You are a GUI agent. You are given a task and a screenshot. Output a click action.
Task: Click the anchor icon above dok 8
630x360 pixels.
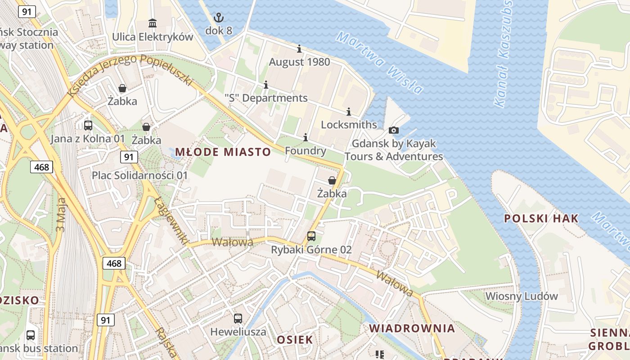[x=218, y=18]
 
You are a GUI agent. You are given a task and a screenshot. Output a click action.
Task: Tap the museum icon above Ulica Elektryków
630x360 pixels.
[x=153, y=23]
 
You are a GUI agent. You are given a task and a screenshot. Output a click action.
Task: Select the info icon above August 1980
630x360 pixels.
[x=299, y=49]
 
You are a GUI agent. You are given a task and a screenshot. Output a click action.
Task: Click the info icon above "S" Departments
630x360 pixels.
[x=266, y=85]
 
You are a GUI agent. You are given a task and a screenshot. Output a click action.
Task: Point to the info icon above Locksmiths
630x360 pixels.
[x=349, y=112]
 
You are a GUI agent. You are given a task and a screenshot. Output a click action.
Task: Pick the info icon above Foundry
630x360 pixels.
[x=306, y=137]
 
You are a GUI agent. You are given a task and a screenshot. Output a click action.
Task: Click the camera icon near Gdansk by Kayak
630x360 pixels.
[x=394, y=130]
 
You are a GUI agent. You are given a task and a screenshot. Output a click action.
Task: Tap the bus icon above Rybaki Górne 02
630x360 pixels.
[x=311, y=236]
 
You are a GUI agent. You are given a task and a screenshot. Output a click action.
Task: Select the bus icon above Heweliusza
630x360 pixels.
[x=238, y=319]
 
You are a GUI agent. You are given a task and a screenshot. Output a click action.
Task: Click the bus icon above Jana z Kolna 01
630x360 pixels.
[x=88, y=126]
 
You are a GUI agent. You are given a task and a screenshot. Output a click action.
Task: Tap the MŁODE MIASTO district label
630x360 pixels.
[x=223, y=152]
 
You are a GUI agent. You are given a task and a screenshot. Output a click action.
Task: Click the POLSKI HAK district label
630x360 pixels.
[x=541, y=219]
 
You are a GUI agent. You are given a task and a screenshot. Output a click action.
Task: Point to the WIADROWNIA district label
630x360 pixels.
[x=412, y=328]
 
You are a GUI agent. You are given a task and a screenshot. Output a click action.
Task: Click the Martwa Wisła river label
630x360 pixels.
[x=379, y=63]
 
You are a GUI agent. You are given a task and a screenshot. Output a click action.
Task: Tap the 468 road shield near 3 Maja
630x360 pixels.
[x=42, y=167]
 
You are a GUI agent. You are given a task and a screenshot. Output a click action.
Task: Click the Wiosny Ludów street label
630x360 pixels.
[x=522, y=296]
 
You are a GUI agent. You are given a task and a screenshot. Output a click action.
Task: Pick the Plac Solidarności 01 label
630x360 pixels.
[x=139, y=175]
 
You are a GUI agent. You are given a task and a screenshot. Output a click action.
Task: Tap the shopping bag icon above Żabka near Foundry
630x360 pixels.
[x=332, y=181]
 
